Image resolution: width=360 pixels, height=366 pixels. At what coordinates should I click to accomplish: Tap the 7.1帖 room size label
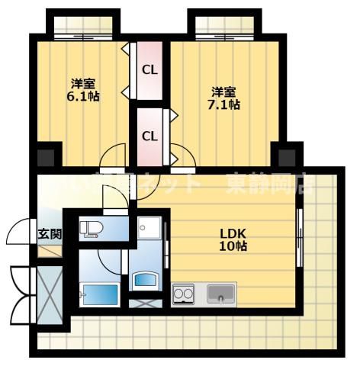[x=225, y=104]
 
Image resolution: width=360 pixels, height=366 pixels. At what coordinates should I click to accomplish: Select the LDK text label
[x=233, y=233]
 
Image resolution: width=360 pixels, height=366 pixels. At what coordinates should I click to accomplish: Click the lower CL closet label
[x=149, y=136]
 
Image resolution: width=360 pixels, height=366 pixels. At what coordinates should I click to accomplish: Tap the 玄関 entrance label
[x=50, y=234]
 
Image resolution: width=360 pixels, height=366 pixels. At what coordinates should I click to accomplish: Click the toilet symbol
[x=92, y=228]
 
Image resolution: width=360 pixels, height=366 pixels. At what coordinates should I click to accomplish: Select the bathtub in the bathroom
[x=97, y=294]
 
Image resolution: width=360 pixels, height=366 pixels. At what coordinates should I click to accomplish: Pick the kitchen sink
[x=220, y=292]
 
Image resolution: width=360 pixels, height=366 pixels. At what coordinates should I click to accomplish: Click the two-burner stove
[x=183, y=293]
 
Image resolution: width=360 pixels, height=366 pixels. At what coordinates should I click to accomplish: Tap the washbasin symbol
[x=145, y=280]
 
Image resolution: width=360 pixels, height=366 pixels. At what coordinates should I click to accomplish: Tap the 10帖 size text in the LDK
[x=233, y=246]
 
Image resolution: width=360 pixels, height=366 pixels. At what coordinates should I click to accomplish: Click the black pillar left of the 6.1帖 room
[x=46, y=158]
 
